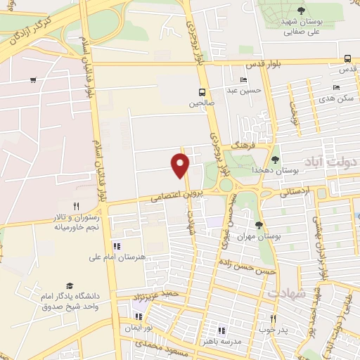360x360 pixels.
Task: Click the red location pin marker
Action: pos(181,164)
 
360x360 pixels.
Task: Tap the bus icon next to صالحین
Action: pos(202,92)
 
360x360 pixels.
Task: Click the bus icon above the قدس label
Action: pos(348,59)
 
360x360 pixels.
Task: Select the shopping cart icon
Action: pos(33,79)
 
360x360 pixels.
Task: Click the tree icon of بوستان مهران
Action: pos(259,225)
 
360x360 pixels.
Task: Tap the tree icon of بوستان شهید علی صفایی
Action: pos(301,10)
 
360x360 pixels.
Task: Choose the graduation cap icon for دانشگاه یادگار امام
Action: pos(70,285)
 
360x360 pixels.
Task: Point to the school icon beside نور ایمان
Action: pos(139,316)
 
